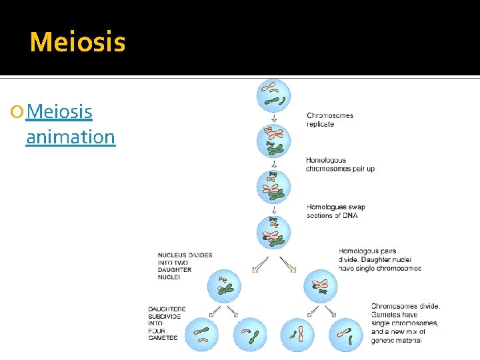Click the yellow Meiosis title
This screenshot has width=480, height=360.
77,42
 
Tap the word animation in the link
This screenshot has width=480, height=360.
70,137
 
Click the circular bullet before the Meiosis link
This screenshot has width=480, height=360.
18,112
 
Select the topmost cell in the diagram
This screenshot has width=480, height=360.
274,95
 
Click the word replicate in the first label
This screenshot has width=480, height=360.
320,125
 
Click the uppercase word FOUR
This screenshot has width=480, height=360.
157,330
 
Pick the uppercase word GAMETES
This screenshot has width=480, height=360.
163,338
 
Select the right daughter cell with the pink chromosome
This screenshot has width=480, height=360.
321,287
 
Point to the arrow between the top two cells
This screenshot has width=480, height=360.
274,117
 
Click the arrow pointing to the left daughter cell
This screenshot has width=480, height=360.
258,264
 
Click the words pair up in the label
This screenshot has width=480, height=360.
362,169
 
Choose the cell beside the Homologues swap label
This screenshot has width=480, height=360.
274,231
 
